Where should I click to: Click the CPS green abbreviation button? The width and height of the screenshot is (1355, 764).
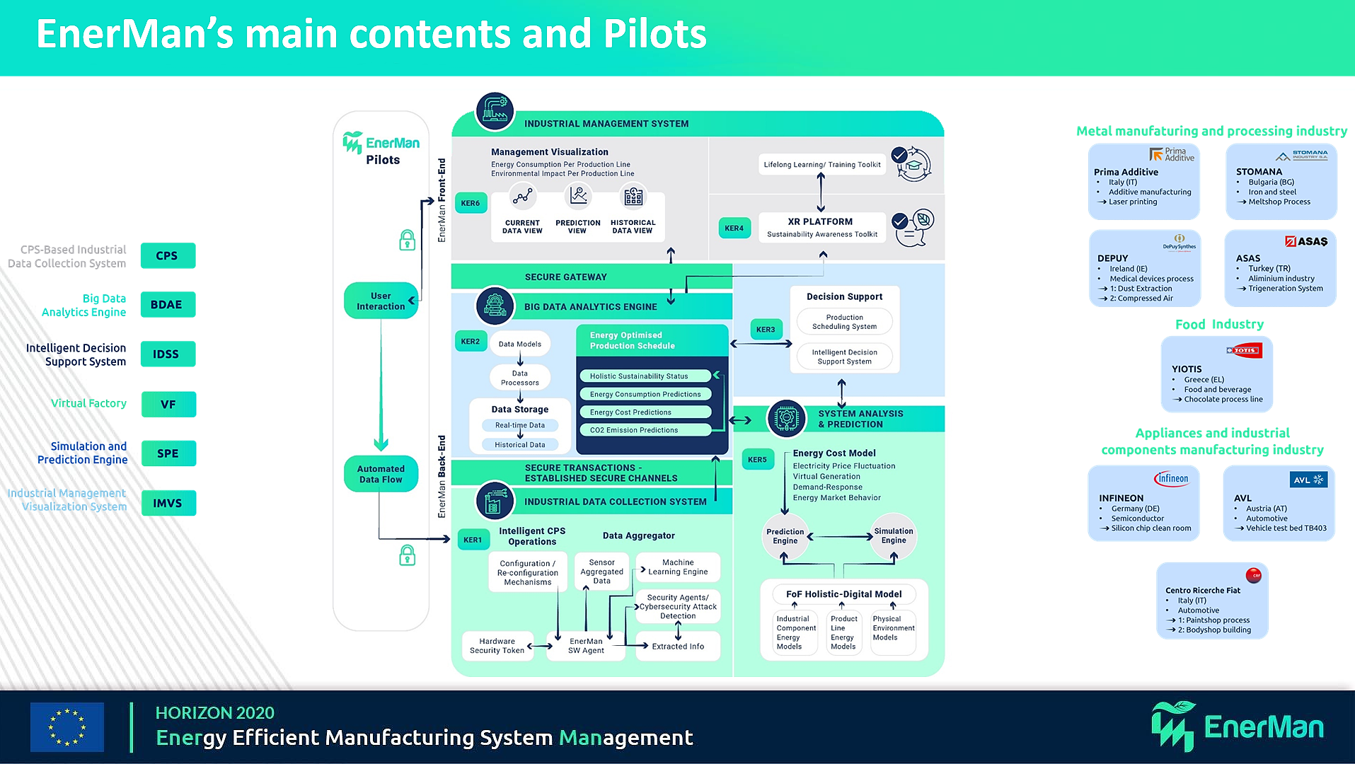(x=168, y=255)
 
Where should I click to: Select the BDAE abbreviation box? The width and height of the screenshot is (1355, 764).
(x=168, y=305)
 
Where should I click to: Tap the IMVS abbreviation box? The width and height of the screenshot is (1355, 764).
(x=168, y=503)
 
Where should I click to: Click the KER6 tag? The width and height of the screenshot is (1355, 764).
(x=471, y=203)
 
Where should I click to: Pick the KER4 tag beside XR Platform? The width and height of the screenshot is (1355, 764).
(x=734, y=228)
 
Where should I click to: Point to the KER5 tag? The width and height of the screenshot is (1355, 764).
(x=757, y=460)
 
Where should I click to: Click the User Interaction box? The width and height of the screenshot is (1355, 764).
(x=381, y=301)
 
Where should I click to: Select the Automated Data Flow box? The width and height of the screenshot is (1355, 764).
(x=381, y=474)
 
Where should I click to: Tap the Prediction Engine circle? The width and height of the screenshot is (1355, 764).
(x=785, y=536)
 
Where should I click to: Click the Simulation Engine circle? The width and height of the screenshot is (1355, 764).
(x=894, y=536)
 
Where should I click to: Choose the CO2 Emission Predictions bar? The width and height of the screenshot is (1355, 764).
(x=645, y=430)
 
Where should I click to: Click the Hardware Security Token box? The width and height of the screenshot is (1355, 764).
(x=497, y=646)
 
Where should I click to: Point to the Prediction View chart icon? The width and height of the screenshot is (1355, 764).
(x=578, y=195)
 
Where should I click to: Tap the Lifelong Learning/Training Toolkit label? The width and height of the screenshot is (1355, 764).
(x=822, y=165)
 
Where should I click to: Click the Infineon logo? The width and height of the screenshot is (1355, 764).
(x=1172, y=479)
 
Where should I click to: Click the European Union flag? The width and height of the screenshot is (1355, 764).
(x=67, y=727)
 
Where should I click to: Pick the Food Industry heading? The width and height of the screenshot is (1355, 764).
(x=1219, y=325)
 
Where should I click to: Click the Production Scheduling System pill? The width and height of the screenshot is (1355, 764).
(x=844, y=322)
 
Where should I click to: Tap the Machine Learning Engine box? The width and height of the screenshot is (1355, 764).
(x=678, y=567)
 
